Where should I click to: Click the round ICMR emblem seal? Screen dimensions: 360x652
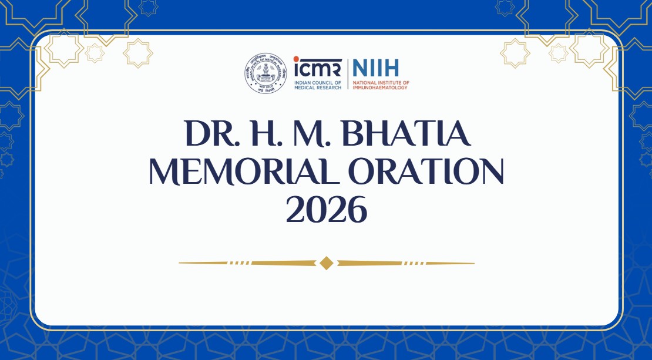266,73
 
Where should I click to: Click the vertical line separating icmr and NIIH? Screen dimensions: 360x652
347,73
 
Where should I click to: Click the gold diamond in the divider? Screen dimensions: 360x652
327,263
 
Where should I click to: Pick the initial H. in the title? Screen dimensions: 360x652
261,136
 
